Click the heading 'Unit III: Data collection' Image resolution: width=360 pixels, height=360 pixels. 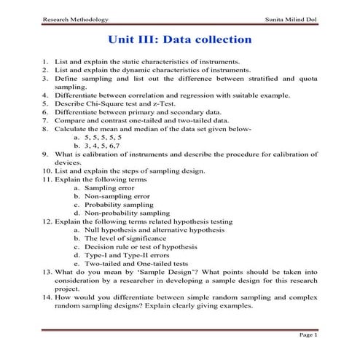point(179,38)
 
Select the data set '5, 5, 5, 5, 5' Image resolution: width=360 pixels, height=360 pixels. point(103,136)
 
